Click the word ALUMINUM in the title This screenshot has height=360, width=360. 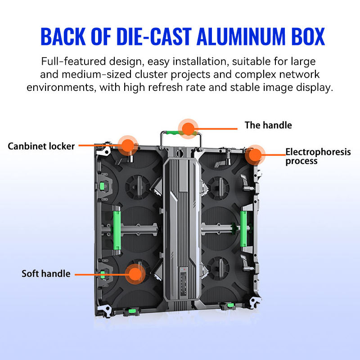coord(241,36)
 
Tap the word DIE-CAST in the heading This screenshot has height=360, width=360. coord(154,36)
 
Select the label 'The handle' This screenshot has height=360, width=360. coord(268,125)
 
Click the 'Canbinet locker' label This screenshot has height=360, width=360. coord(41,146)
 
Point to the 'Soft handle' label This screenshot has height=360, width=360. coord(46,274)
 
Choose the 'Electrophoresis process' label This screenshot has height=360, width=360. coord(318,156)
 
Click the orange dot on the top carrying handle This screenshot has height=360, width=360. coord(188,129)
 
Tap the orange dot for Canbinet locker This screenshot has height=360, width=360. coord(128,145)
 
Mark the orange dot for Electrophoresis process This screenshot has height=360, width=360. coord(255,155)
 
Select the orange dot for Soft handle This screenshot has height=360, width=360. coord(135,274)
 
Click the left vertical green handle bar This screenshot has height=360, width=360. coord(117,230)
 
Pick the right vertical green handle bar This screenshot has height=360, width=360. coord(243,229)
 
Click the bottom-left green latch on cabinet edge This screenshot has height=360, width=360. coord(131,311)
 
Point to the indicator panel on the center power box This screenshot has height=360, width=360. coord(183,282)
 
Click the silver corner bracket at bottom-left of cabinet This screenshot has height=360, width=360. coord(104,310)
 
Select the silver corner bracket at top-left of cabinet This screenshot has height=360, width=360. coord(104,149)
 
